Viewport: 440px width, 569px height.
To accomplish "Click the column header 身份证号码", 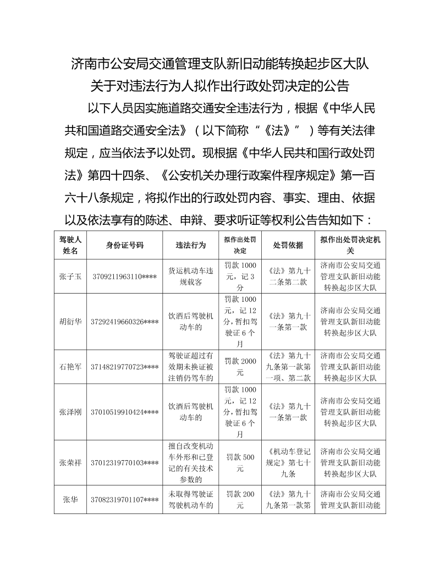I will (x=125, y=245).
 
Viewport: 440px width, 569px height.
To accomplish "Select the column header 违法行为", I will (x=190, y=245).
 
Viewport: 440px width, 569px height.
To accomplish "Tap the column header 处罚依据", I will (x=288, y=245).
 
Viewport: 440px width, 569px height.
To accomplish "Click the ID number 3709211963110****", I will (x=125, y=277).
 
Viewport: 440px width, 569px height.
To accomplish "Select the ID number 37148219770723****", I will (x=125, y=367).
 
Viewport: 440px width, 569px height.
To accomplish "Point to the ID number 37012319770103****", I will (x=125, y=462).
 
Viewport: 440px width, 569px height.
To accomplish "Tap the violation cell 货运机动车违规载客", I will (x=190, y=277).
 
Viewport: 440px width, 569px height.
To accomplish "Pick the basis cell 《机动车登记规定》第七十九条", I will (x=288, y=462).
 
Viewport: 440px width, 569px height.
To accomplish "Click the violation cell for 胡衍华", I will (x=190, y=321).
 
